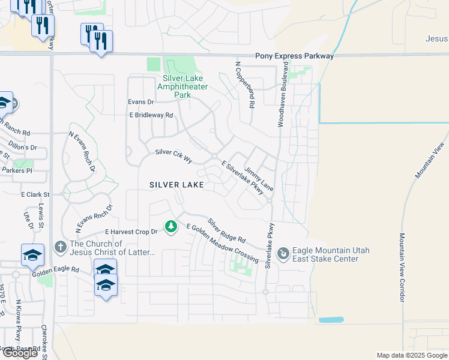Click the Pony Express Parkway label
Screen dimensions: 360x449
click(294, 56)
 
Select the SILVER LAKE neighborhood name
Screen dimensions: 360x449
click(177, 185)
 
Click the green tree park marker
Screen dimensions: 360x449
click(172, 226)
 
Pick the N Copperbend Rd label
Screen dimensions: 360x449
click(246, 85)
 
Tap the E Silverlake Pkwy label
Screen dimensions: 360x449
click(243, 178)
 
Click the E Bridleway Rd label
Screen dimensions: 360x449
click(151, 115)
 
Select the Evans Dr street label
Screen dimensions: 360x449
click(141, 102)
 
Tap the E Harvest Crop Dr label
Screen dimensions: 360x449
click(131, 231)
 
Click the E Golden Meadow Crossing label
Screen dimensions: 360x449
click(222, 244)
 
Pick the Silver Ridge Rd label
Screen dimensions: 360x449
click(227, 230)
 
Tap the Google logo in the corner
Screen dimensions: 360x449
click(20, 353)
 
